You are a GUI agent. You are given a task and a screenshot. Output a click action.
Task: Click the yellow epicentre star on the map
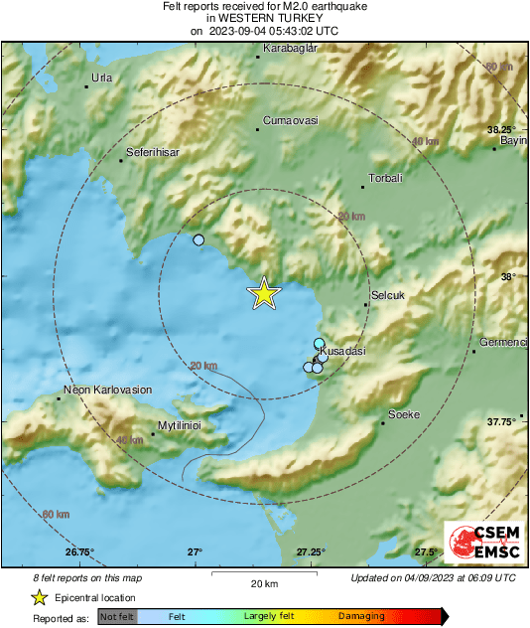pyautogui.click(x=264, y=293)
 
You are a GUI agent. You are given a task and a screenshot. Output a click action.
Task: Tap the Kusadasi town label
pyautogui.click(x=345, y=352)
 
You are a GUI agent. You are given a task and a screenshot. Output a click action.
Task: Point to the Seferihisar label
pyautogui.click(x=151, y=154)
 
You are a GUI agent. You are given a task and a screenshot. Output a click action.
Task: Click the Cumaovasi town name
pyautogui.click(x=290, y=120)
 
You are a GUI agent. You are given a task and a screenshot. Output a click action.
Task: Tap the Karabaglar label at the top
pyautogui.click(x=289, y=47)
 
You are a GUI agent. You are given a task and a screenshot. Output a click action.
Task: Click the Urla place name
pyautogui.click(x=101, y=78)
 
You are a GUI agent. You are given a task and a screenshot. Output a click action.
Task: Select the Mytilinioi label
pyautogui.click(x=181, y=424)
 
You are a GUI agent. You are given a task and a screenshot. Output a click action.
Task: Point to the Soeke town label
pyautogui.click(x=404, y=413)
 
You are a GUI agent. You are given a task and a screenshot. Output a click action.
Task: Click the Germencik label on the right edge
pyautogui.click(x=502, y=342)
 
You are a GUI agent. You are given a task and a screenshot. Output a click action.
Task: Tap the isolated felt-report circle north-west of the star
pyautogui.click(x=199, y=240)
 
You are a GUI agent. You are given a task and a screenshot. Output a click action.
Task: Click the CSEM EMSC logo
pyautogui.click(x=478, y=544)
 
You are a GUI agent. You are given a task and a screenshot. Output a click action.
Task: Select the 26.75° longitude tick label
pyautogui.click(x=78, y=551)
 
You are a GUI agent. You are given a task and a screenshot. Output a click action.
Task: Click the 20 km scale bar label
pyautogui.click(x=263, y=583)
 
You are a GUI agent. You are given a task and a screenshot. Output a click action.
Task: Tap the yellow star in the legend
pyautogui.click(x=39, y=597)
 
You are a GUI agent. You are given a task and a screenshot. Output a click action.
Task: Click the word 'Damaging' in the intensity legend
pyautogui.click(x=361, y=616)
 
